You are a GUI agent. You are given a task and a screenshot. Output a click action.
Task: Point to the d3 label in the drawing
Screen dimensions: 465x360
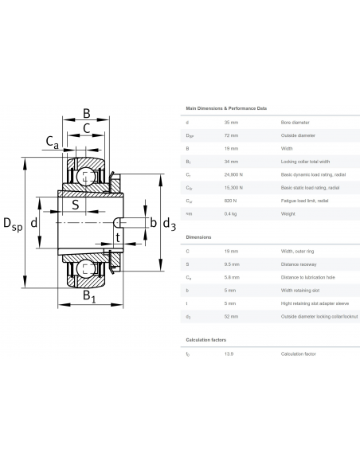(x=169, y=225)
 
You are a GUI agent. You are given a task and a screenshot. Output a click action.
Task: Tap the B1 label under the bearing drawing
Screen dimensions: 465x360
(x=89, y=297)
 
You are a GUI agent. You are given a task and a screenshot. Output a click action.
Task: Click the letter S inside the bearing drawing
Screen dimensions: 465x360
(x=76, y=205)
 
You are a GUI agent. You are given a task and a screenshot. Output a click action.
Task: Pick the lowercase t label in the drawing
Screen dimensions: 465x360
(x=118, y=237)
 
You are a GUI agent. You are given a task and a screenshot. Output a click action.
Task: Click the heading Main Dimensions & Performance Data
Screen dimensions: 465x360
(x=226, y=107)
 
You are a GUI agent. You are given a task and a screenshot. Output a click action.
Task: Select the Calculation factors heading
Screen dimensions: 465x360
(x=209, y=340)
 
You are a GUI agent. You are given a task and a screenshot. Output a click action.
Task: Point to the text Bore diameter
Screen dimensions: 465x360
(x=295, y=123)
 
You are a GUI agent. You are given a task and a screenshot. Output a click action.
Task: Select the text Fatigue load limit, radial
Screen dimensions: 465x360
(x=303, y=201)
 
